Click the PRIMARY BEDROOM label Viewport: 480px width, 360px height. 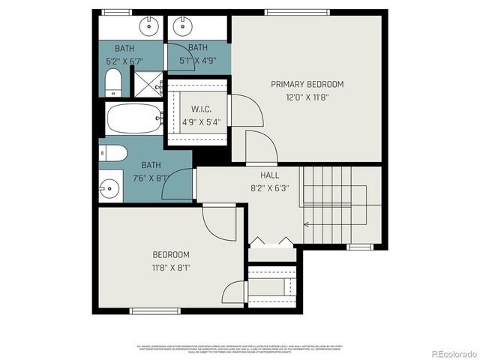coord(307,84)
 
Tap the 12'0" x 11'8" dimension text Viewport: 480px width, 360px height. coord(307,97)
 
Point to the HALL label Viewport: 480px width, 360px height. coord(268,174)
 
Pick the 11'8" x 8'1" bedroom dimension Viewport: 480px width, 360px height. coord(171,267)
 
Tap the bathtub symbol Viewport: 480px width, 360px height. coord(133,118)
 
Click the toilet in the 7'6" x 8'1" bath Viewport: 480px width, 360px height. coord(112,153)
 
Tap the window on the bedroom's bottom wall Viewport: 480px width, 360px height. coord(154,310)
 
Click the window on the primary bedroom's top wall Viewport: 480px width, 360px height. coord(297,12)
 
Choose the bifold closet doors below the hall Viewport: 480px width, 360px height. coord(271,241)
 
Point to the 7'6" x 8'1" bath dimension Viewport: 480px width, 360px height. coord(151,178)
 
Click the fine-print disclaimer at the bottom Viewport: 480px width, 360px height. coord(238,348)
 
